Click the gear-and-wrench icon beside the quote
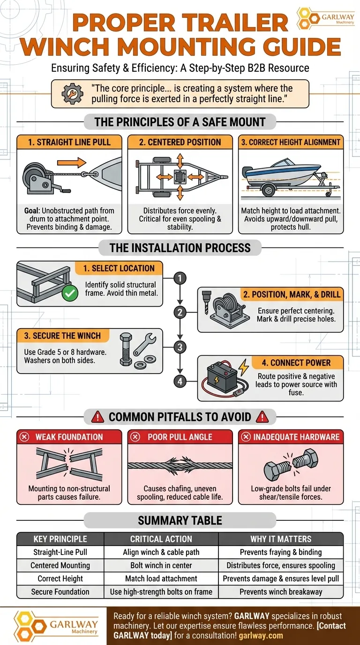click(x=72, y=94)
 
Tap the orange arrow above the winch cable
click(x=72, y=163)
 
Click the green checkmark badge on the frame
click(x=70, y=293)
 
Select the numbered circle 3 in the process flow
click(x=180, y=347)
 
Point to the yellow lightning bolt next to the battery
click(x=244, y=367)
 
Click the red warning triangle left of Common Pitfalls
click(x=97, y=417)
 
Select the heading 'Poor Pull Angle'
click(x=180, y=437)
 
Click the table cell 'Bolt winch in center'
click(x=161, y=565)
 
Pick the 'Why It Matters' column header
click(x=281, y=539)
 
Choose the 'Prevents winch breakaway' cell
click(x=281, y=592)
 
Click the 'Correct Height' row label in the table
click(x=60, y=578)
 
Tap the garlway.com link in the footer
click(x=261, y=635)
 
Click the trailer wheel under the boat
click(x=269, y=190)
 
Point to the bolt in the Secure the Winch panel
click(x=126, y=349)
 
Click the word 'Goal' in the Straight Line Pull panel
click(x=31, y=211)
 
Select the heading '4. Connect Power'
click(x=296, y=363)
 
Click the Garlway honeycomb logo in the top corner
click(x=308, y=18)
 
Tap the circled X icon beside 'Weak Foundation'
click(x=24, y=437)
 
